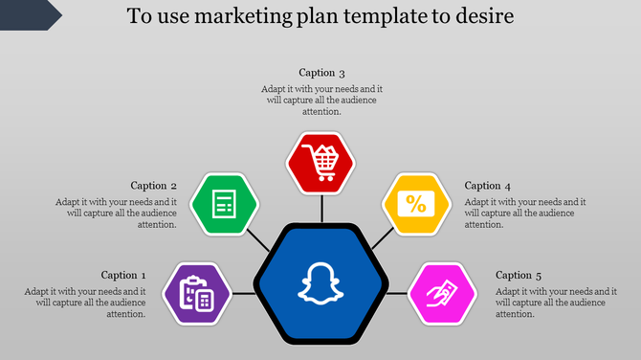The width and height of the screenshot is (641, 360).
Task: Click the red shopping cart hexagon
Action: click(320, 160)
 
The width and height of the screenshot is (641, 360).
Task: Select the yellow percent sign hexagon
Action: click(417, 204)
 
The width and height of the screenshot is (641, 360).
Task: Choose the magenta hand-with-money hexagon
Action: click(443, 293)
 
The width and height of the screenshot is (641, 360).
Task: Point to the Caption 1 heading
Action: click(124, 275)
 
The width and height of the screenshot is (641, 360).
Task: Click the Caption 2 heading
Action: click(154, 186)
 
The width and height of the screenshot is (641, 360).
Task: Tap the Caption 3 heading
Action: click(321, 73)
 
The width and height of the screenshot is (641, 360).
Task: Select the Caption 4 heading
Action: click(488, 186)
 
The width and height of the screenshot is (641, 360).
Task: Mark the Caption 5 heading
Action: click(519, 275)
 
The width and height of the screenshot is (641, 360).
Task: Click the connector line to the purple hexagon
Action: click(244, 292)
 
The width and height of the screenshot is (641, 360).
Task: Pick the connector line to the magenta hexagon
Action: click(398, 292)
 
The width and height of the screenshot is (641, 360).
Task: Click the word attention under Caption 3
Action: click(321, 112)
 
